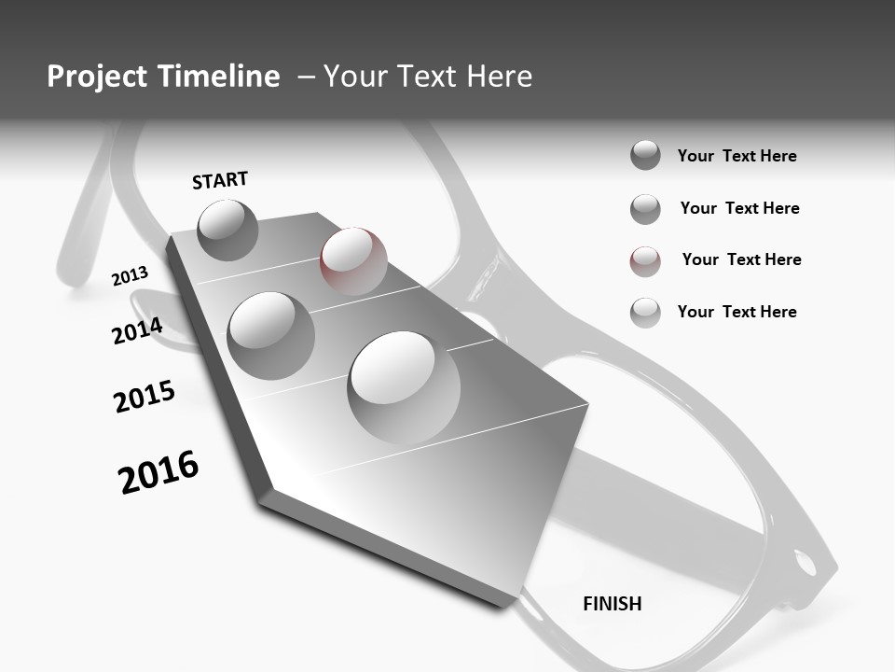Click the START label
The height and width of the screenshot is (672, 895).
220,180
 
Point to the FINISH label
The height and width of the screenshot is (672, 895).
613,604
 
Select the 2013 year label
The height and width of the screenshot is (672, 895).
130,276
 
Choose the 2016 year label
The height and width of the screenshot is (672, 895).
158,472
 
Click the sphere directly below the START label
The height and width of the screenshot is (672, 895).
227,230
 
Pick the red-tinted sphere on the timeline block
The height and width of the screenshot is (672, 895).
353,260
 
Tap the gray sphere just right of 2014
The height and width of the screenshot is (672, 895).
271,335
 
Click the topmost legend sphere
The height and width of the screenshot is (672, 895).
645,155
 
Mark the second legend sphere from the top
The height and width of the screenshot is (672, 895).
645,209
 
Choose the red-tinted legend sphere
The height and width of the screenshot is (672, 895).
645,261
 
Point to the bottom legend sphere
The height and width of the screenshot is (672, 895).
645,313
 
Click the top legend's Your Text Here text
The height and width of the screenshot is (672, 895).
737,156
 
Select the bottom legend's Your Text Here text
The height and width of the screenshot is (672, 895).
737,312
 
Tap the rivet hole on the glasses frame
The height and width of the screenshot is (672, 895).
804,563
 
